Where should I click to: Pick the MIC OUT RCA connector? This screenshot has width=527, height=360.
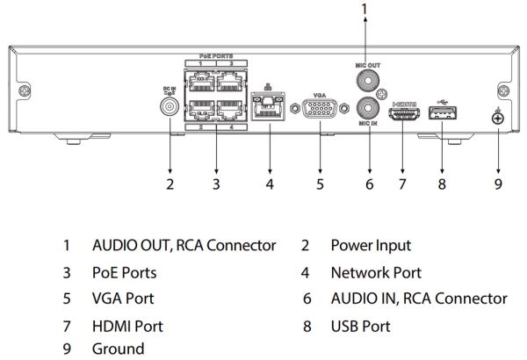365,82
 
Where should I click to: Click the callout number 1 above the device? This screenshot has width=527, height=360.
365,9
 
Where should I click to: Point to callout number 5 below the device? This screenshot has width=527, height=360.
321,184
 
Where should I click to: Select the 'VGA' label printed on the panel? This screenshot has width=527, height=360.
320,92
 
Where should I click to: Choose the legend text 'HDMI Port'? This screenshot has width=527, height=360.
127,325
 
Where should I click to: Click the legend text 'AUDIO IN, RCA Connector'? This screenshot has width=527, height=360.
418,299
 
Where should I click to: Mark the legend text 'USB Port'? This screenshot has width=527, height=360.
360,325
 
